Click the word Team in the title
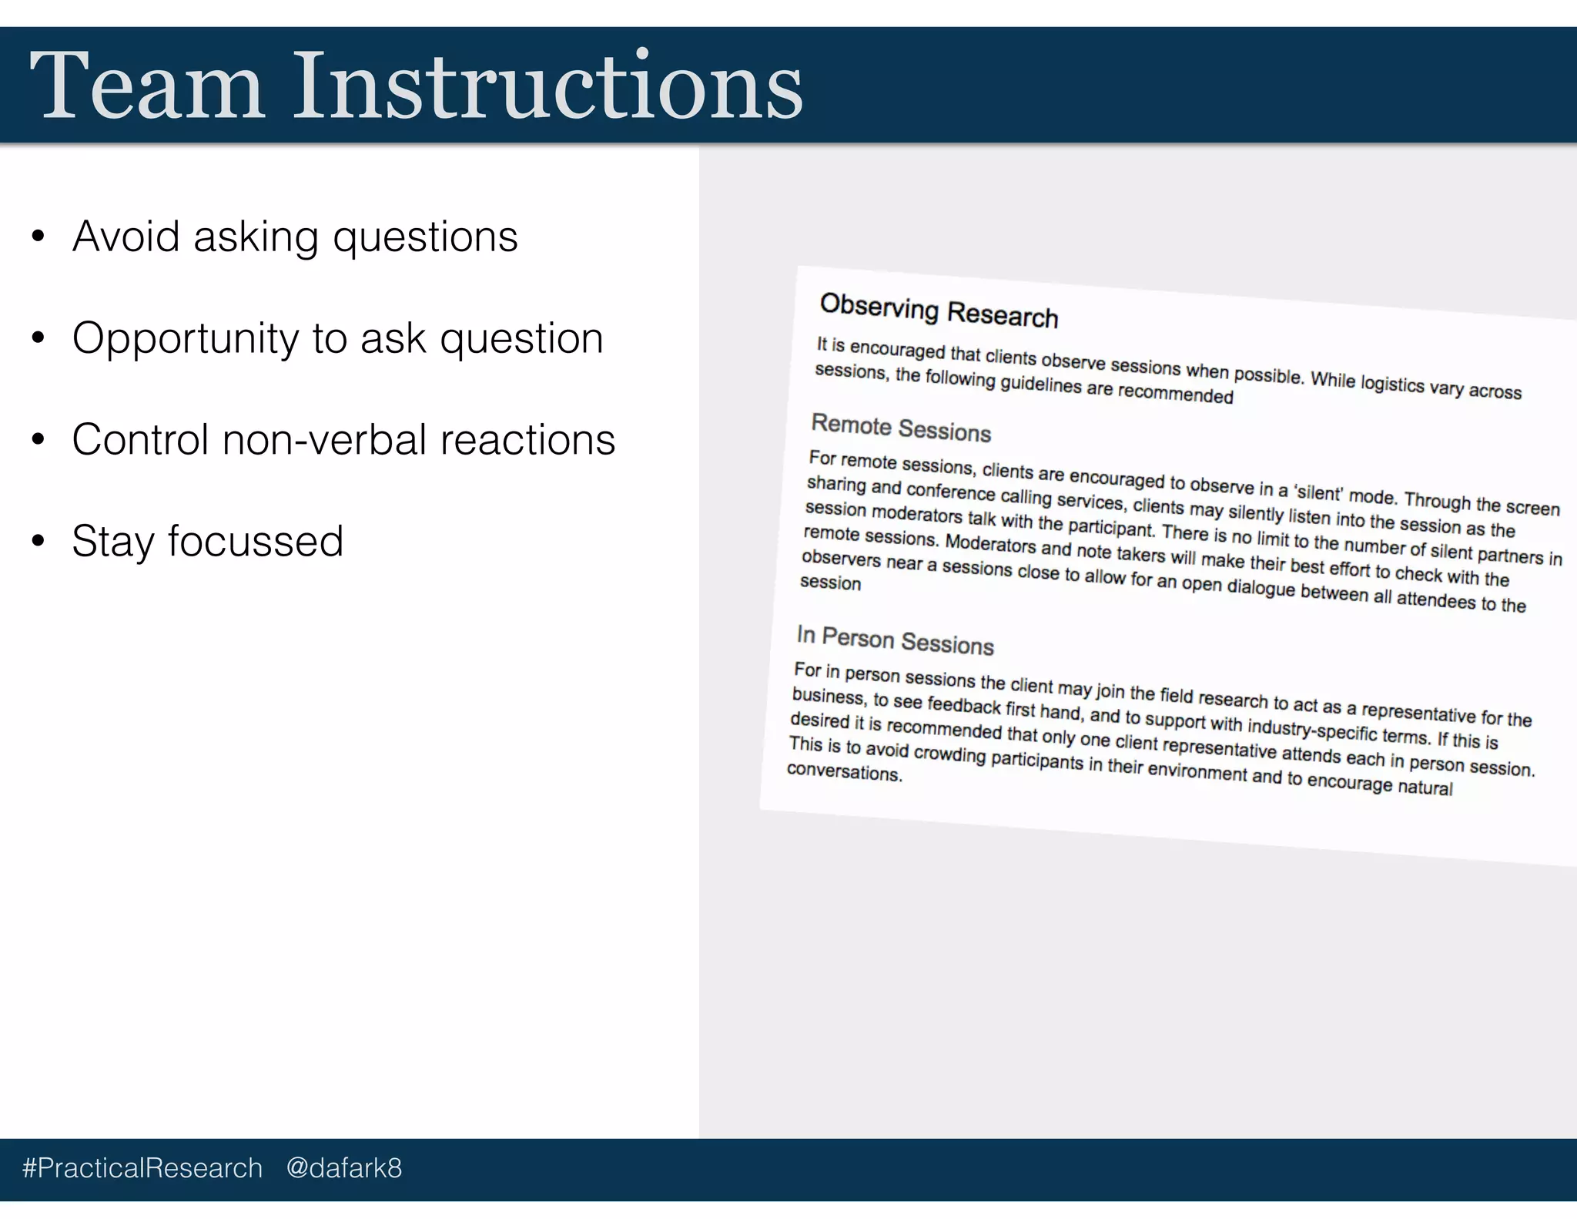[x=146, y=86]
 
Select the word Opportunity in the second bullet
[x=185, y=339]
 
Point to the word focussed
[x=255, y=542]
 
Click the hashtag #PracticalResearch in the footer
[x=142, y=1168]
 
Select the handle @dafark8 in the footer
[x=343, y=1168]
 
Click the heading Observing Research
[x=938, y=311]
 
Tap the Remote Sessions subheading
[x=900, y=428]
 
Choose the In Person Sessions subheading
[x=895, y=640]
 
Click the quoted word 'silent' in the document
[x=1318, y=493]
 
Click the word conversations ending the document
[x=843, y=771]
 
